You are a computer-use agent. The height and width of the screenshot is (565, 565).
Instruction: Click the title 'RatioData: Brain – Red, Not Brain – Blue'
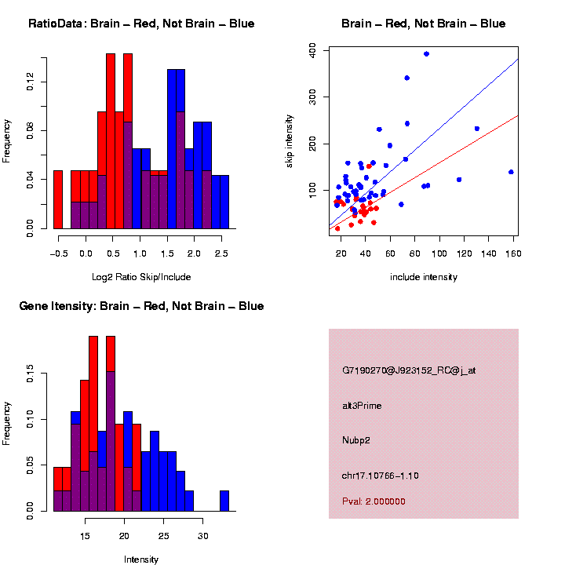click(x=141, y=24)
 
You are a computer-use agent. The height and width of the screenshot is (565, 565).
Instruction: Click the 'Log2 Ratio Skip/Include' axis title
click(x=141, y=277)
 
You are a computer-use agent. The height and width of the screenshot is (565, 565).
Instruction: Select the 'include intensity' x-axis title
click(x=423, y=277)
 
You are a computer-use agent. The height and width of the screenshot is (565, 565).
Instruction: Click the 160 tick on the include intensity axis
click(x=513, y=253)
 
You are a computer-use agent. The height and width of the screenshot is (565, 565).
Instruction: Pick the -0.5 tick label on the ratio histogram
click(x=57, y=253)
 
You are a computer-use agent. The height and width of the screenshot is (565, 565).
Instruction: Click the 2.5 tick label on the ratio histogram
click(x=221, y=253)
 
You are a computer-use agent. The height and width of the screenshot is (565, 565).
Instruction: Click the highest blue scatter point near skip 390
click(x=426, y=54)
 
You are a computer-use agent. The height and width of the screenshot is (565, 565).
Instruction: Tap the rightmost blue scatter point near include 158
click(x=511, y=172)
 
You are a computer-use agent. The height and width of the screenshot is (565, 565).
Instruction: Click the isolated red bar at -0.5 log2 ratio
click(x=58, y=200)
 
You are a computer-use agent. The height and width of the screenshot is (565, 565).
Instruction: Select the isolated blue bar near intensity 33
click(x=224, y=501)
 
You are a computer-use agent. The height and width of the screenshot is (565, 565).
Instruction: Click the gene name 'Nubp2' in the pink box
click(x=356, y=440)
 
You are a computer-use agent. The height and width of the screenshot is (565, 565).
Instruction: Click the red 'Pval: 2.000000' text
click(x=374, y=501)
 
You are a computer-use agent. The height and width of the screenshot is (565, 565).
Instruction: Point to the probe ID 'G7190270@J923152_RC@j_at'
click(x=409, y=370)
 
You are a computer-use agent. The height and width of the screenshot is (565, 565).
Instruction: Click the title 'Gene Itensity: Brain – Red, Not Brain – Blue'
click(x=141, y=306)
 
